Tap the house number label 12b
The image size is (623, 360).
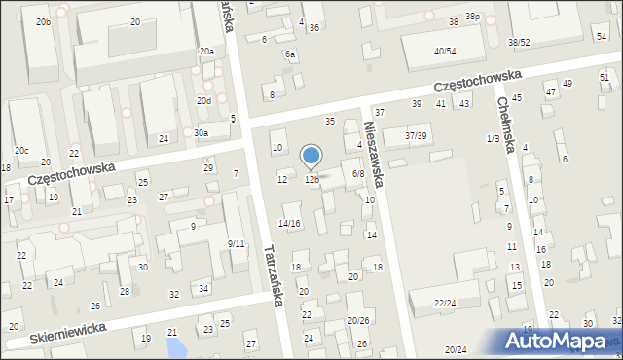311,179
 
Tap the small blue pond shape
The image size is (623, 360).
175,344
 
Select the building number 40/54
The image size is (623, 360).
445,51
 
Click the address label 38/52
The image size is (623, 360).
519,43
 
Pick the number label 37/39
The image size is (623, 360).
416,135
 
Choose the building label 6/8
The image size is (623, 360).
357,173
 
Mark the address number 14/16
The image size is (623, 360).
290,224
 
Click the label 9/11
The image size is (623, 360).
236,243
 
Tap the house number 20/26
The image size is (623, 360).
358,320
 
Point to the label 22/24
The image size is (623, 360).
445,304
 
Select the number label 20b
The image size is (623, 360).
43,21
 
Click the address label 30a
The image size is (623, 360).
201,133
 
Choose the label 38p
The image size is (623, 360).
472,17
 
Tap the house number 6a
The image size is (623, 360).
290,54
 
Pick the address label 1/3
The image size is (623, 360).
493,139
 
